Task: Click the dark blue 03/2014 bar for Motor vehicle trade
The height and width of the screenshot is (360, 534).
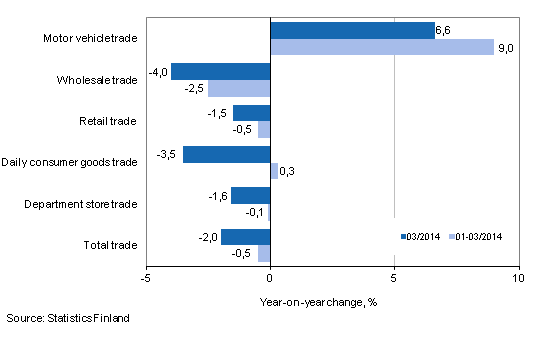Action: click(x=353, y=31)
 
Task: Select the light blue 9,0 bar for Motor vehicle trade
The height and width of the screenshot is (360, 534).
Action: click(x=382, y=47)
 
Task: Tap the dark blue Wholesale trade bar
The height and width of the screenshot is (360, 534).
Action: click(x=221, y=72)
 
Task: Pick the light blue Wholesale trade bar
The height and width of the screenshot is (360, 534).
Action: click(x=239, y=88)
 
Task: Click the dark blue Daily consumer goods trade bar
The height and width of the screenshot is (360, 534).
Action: click(x=227, y=155)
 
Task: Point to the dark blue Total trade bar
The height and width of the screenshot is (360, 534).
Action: click(x=246, y=237)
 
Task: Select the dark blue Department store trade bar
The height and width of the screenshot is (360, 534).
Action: click(x=251, y=196)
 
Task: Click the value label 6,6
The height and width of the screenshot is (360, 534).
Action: click(x=446, y=31)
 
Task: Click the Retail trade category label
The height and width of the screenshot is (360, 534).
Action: click(x=108, y=121)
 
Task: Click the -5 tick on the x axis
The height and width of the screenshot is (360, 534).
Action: click(x=146, y=277)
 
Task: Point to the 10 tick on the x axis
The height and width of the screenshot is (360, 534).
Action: click(x=518, y=277)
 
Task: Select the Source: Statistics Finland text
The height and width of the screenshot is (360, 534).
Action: click(x=67, y=319)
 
